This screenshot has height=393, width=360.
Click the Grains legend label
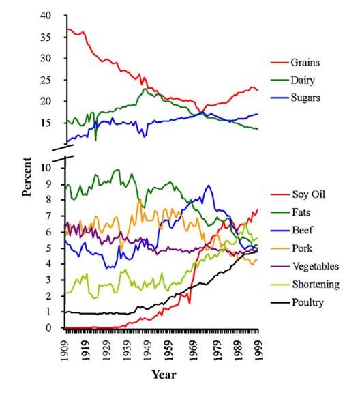pos(305,63)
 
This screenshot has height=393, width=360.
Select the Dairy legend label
pos(303,81)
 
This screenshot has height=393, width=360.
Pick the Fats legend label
pos(300,213)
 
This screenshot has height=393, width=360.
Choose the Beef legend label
pos(301,231)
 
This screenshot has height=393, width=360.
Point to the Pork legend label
pos(301,248)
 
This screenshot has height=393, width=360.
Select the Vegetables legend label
pos(314,266)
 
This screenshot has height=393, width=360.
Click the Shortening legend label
pos(314,284)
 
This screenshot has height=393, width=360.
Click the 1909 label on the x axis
pos(66,347)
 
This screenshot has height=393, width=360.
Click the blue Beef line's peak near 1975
pos(209,186)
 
